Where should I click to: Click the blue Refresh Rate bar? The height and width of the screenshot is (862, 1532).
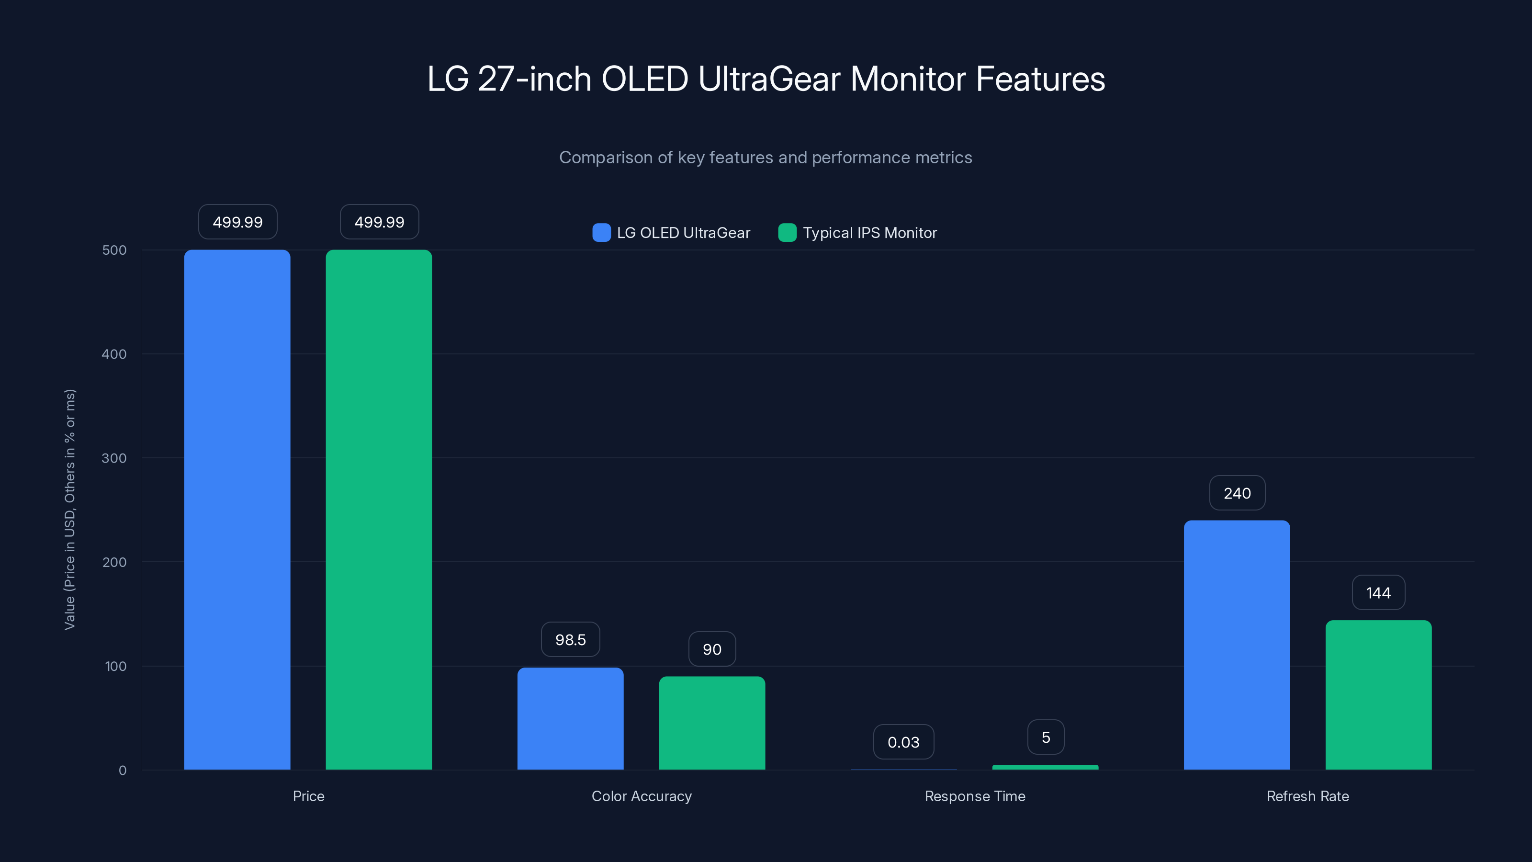1237,645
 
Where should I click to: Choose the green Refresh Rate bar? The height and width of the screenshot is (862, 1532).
1379,695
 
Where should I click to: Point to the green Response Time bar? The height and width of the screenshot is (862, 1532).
1045,767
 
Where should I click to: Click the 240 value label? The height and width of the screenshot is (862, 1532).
1237,493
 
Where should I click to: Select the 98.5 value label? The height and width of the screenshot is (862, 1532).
570,639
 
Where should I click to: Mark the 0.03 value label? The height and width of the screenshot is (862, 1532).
903,742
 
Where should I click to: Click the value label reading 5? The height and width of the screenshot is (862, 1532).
1046,737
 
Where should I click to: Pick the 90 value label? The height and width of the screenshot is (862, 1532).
712,649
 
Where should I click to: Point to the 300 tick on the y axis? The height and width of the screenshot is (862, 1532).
114,458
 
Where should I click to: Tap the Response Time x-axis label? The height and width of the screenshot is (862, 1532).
975,796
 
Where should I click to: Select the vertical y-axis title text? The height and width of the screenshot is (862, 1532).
69,509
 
